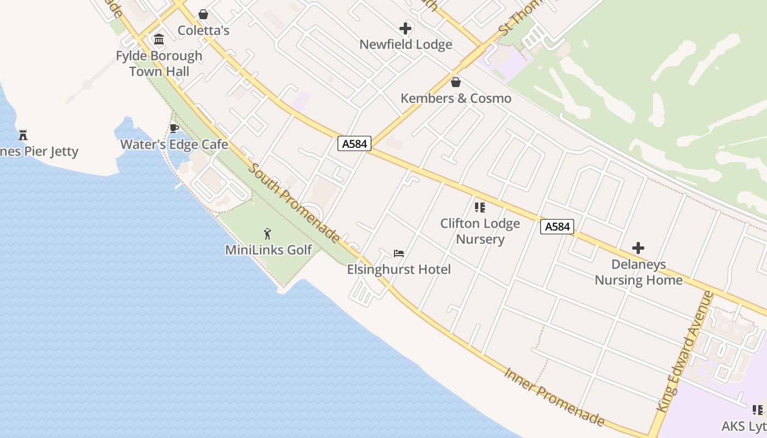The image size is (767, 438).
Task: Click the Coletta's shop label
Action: (x=203, y=31)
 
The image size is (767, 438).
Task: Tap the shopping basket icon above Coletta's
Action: (x=203, y=14)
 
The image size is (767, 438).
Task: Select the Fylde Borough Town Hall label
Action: (x=159, y=64)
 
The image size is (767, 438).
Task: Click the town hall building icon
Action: (x=159, y=39)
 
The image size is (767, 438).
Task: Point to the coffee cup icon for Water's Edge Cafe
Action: (x=174, y=129)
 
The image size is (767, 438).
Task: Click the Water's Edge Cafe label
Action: (x=174, y=145)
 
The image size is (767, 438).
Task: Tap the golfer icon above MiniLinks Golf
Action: (x=268, y=234)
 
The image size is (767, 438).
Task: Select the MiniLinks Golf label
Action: (x=268, y=250)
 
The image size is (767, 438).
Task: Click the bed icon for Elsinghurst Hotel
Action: (x=399, y=253)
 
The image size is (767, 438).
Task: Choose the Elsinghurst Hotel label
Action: (x=399, y=269)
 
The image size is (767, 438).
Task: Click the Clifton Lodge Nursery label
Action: (x=480, y=232)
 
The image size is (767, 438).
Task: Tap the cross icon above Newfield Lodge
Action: (x=405, y=28)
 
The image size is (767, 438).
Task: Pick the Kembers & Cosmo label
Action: (x=456, y=99)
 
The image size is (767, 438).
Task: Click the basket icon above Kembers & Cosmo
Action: (x=455, y=82)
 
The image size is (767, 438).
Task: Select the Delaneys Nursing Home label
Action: (x=638, y=273)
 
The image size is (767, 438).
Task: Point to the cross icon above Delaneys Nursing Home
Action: (x=638, y=248)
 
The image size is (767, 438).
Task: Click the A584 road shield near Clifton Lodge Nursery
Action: (x=557, y=227)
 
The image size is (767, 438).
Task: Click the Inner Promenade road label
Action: (x=554, y=397)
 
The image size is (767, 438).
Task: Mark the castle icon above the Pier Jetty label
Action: (x=23, y=135)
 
